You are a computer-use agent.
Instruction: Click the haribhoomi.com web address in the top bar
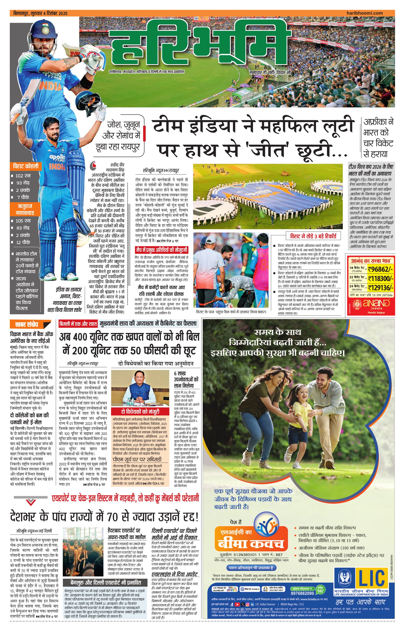(365, 13)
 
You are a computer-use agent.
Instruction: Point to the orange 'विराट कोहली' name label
(26, 166)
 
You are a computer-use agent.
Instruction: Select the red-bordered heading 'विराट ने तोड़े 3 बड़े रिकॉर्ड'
(313, 236)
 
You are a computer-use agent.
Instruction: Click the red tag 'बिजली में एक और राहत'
(78, 324)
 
